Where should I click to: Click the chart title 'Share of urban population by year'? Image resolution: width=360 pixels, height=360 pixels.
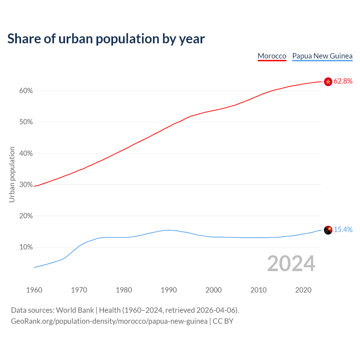[x=106, y=39]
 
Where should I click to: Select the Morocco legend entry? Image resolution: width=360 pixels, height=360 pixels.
[x=272, y=56]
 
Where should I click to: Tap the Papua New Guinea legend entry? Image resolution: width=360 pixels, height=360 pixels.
[x=322, y=56]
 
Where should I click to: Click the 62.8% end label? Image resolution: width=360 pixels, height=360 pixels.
[x=343, y=81]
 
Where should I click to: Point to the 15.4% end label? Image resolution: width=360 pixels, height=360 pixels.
[x=343, y=230]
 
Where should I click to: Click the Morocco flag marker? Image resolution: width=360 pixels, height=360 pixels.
[x=328, y=82]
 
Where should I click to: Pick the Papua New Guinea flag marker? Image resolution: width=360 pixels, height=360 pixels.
[x=328, y=230]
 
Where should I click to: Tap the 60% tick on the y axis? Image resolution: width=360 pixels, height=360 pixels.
[x=26, y=91]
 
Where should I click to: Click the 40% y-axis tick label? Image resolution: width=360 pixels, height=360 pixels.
[x=26, y=154]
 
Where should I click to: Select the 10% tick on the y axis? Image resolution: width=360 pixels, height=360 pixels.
[x=26, y=247]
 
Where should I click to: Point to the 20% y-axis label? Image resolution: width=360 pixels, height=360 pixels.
[x=26, y=216]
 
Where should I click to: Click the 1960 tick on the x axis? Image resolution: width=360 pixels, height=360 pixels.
[x=34, y=290]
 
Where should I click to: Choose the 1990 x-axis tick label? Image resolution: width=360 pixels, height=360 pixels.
[x=169, y=290]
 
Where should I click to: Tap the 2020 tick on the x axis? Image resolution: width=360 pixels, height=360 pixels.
[x=303, y=290]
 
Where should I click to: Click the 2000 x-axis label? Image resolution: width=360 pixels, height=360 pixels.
[x=214, y=290]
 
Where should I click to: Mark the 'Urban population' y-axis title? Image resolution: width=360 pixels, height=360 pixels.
[x=12, y=174]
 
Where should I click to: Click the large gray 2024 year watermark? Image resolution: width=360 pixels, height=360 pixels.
[x=291, y=264]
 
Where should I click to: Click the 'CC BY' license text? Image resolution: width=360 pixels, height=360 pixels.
[x=223, y=321]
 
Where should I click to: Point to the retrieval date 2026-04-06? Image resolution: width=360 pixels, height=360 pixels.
[x=216, y=310]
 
